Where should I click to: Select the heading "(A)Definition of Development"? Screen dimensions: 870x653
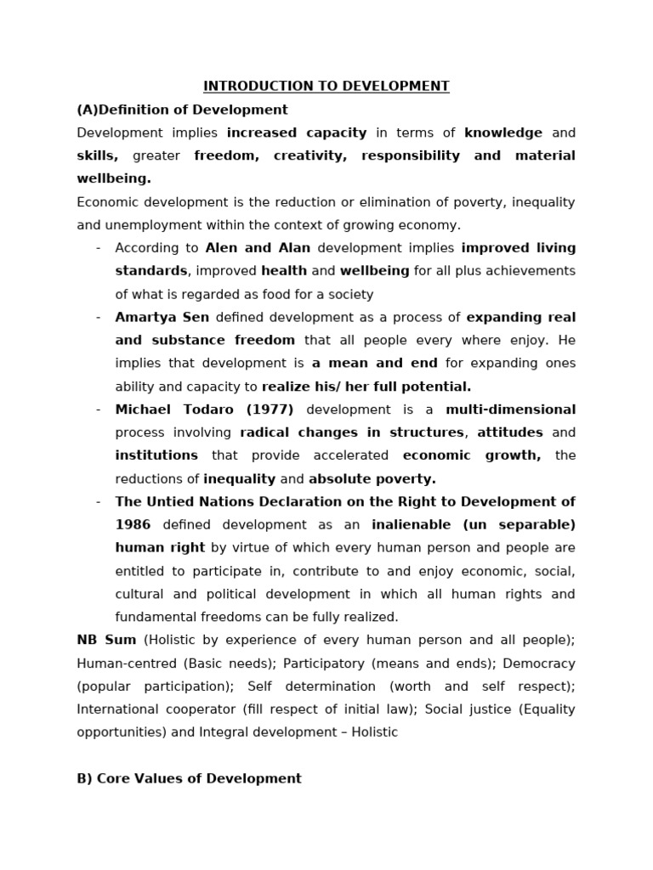point(182,110)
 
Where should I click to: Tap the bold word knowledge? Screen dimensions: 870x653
point(503,133)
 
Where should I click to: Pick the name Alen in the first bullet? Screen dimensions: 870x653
point(223,248)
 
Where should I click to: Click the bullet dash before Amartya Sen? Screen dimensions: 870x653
point(99,317)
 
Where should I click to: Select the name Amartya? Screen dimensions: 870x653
point(145,317)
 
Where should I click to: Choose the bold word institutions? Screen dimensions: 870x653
point(156,455)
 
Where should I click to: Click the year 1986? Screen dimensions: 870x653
point(133,524)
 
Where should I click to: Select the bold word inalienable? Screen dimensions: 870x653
point(413,524)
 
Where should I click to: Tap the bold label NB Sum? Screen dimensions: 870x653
point(106,640)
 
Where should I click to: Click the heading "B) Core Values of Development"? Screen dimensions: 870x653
point(189,778)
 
